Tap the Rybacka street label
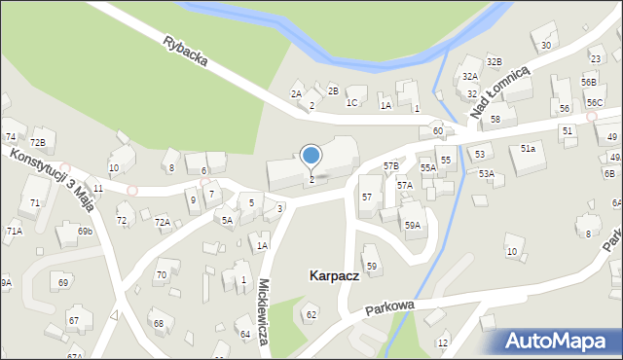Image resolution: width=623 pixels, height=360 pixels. click(185, 53)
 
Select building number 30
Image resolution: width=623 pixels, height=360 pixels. click(546, 46)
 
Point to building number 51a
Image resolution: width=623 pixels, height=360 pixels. click(528, 149)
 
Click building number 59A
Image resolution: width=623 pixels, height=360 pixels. click(413, 226)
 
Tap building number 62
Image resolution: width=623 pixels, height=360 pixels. click(311, 314)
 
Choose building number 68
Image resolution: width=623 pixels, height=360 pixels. click(158, 323)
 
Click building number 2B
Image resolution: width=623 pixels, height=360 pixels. click(333, 90)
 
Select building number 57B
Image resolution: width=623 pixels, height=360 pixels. click(391, 166)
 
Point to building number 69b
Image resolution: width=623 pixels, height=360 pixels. click(85, 232)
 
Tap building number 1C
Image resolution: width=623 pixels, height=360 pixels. click(352, 102)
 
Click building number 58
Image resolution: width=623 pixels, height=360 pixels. click(495, 119)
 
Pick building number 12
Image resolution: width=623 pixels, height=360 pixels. click(443, 343)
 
